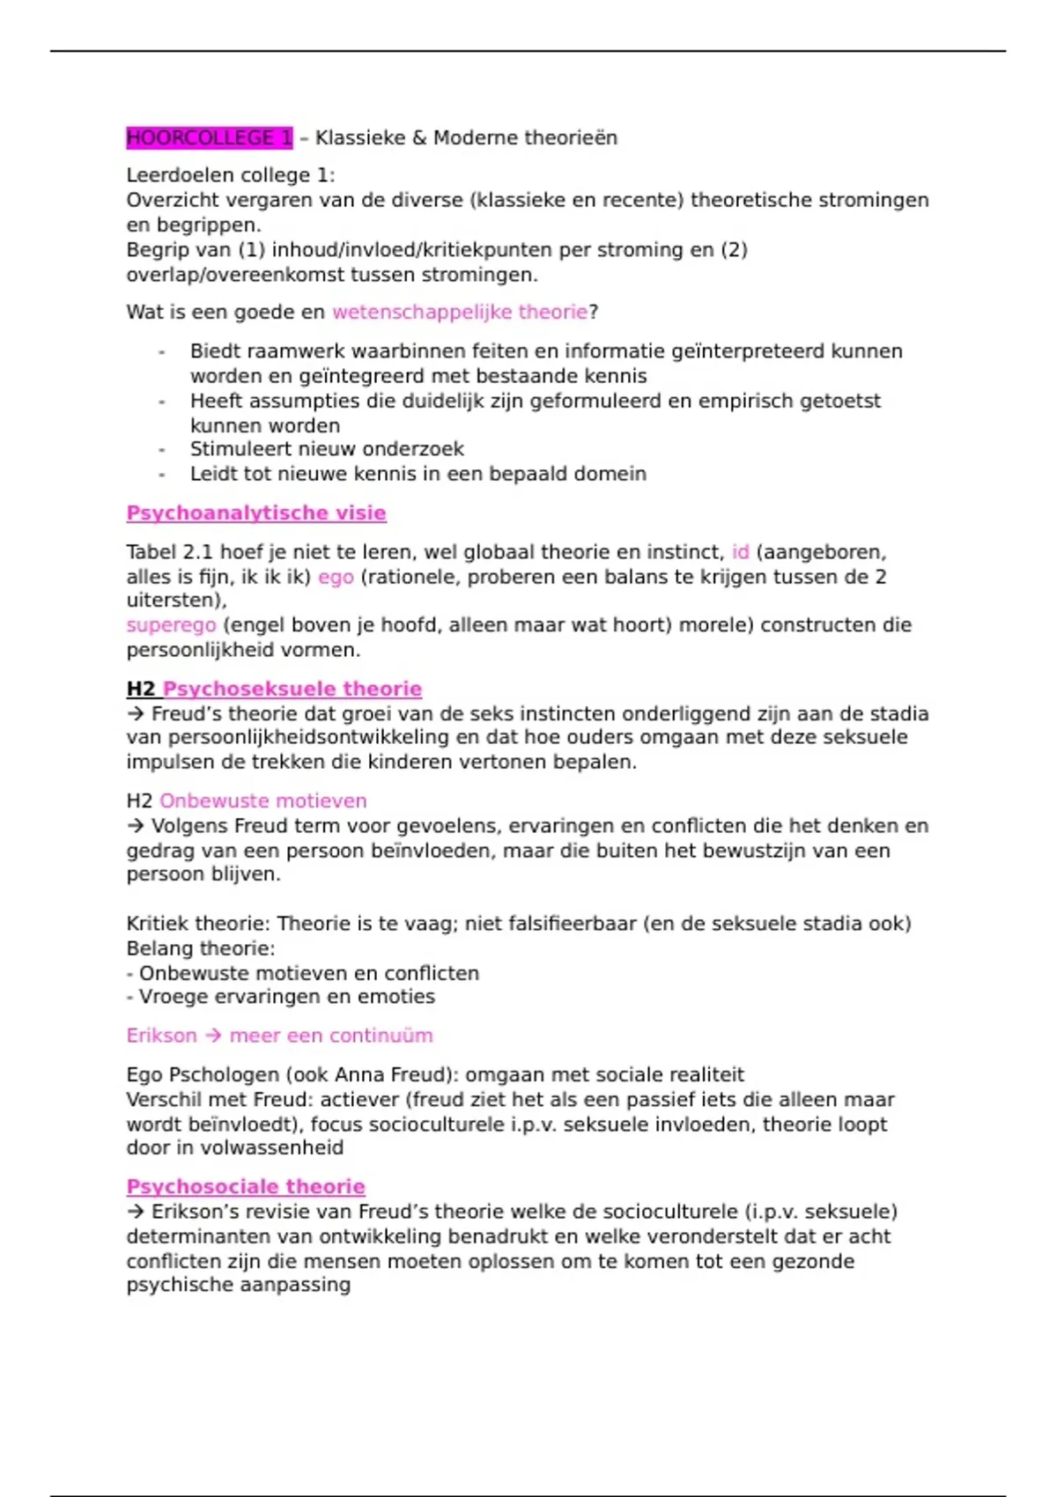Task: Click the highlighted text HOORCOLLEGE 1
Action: [209, 137]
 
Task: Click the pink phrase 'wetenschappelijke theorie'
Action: [459, 312]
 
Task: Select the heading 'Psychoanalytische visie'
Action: [256, 513]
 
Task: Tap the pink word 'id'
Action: [740, 552]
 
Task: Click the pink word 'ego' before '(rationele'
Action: [336, 577]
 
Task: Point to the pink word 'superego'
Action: [171, 625]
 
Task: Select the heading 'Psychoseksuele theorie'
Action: [292, 689]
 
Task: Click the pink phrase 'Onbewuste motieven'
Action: [262, 800]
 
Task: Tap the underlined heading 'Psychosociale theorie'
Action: [246, 1186]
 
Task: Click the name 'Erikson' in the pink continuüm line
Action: [161, 1036]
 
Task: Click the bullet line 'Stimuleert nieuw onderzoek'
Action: [327, 449]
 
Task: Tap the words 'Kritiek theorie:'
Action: [198, 924]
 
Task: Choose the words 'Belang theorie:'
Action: [200, 948]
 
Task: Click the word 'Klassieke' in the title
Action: [359, 137]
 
